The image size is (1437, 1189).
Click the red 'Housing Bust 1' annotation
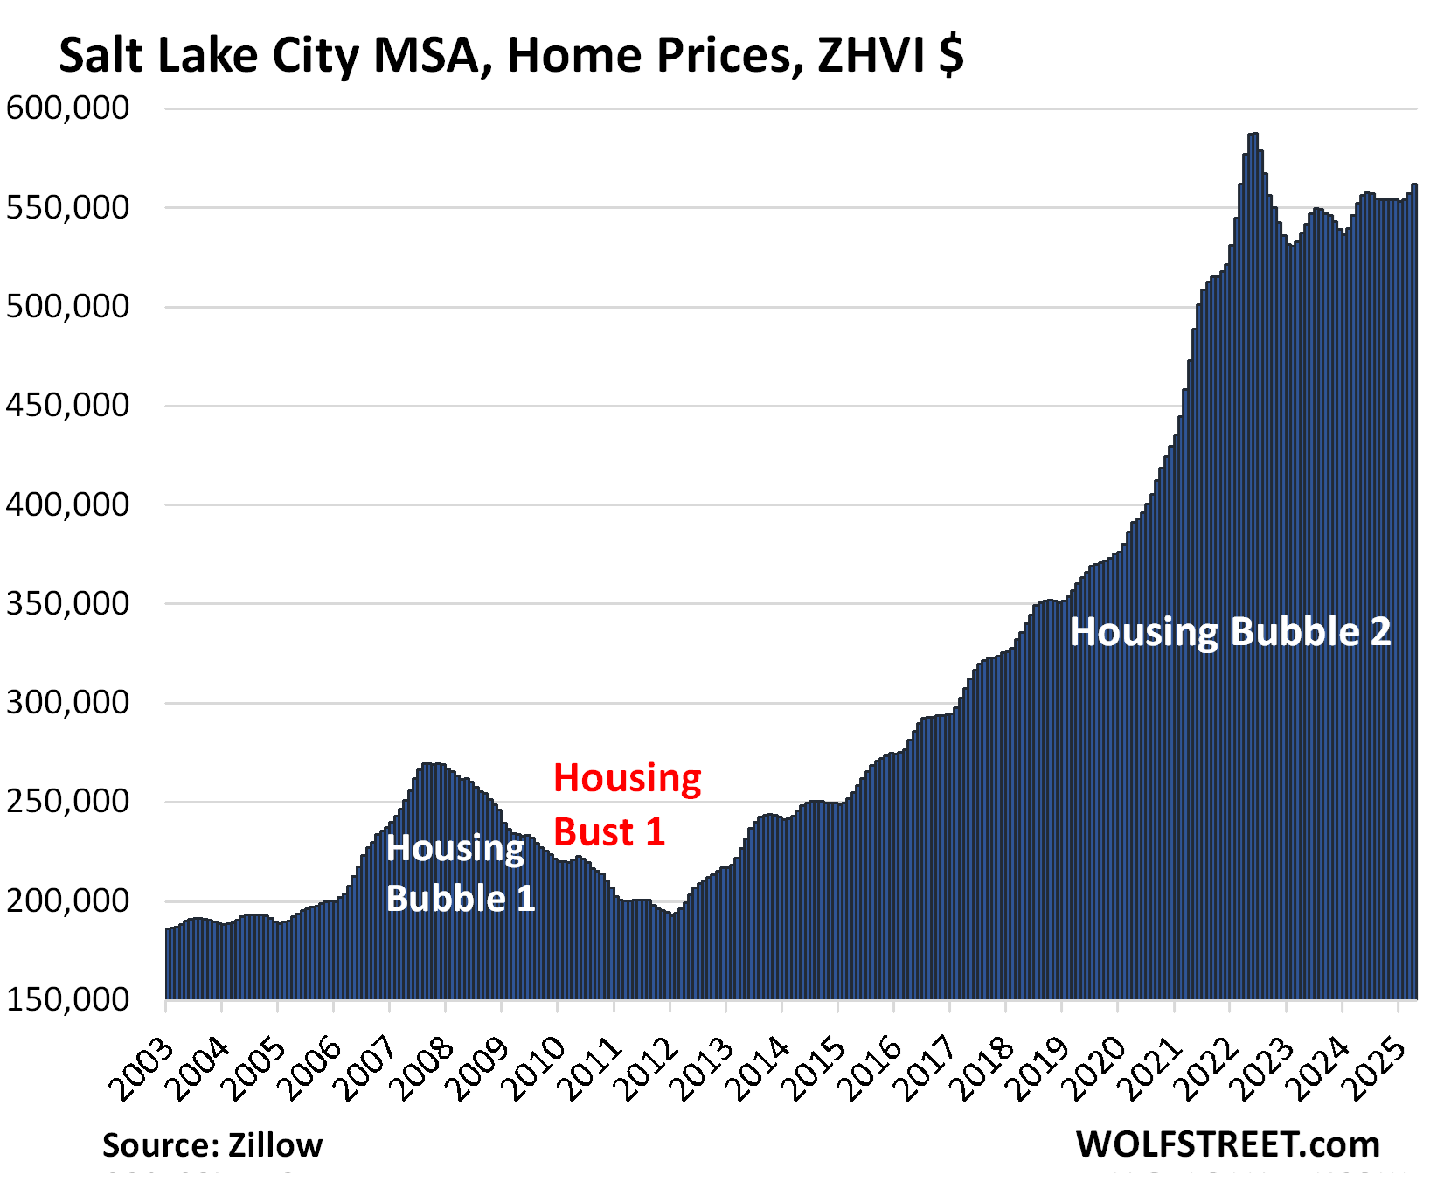[x=626, y=804]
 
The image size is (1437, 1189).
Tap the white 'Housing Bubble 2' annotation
[x=1230, y=632]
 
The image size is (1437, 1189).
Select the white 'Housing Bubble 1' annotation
[x=460, y=873]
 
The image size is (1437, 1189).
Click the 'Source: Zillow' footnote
[x=212, y=1145]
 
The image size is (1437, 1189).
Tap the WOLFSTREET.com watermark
[x=1227, y=1144]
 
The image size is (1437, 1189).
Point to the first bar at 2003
[x=168, y=962]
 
